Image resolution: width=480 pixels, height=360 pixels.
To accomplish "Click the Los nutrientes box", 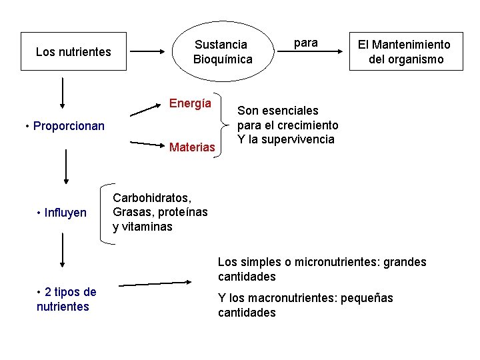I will pyautogui.click(x=73, y=51).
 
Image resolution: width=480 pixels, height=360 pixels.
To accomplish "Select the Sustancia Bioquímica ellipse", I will pyautogui.click(x=223, y=51).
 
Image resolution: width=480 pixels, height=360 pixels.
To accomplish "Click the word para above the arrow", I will pyautogui.click(x=306, y=43).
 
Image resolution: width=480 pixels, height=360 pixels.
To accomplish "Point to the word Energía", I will pyautogui.click(x=190, y=103).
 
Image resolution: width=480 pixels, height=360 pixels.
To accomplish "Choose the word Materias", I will pyautogui.click(x=192, y=147).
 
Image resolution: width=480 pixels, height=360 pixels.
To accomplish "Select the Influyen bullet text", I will pyautogui.click(x=62, y=213).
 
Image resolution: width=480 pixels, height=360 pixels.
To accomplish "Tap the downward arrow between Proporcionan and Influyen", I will pyautogui.click(x=66, y=166).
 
